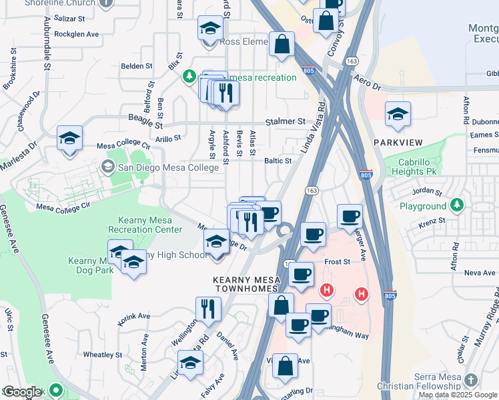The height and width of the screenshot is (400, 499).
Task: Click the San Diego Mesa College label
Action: tap(168, 167)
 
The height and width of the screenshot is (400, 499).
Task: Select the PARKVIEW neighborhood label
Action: tap(398, 143)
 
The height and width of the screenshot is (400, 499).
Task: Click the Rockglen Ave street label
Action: tap(76, 33)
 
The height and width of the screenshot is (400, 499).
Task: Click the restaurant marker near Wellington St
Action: tap(208, 309)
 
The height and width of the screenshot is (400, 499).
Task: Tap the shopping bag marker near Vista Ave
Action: tap(286, 366)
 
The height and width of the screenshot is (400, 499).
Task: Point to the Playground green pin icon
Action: tap(457, 204)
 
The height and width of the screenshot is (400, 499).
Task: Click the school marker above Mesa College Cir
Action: tap(69, 138)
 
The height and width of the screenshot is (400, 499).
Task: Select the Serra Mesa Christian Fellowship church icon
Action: tap(472, 379)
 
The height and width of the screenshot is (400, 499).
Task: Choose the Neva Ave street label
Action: tap(480, 273)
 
